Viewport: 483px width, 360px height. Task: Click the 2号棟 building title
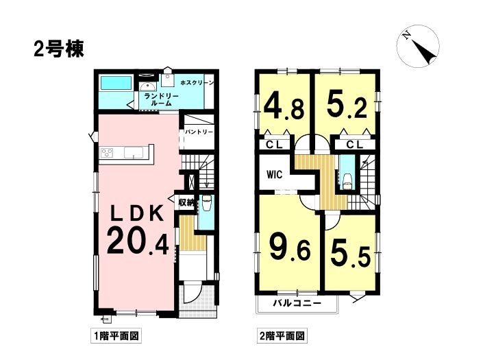[59, 49]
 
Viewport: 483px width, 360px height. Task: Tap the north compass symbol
[418, 46]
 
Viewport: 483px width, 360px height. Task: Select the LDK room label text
[137, 213]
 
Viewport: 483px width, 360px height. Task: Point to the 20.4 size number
[138, 241]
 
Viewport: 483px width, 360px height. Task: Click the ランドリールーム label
[162, 99]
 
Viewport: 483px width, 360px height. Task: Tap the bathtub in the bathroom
[116, 83]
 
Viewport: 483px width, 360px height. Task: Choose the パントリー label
[199, 132]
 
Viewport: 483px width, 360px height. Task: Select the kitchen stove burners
[108, 152]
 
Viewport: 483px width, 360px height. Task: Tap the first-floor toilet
[206, 204]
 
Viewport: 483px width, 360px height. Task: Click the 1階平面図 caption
[116, 335]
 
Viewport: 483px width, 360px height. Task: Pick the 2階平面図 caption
[282, 335]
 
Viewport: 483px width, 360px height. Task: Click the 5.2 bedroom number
[347, 104]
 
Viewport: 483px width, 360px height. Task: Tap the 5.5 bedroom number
[350, 252]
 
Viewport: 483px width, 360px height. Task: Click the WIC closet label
[275, 175]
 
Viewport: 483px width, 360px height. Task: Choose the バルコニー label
[297, 303]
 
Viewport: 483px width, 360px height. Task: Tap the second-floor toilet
[347, 180]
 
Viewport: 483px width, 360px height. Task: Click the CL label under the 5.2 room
[355, 144]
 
